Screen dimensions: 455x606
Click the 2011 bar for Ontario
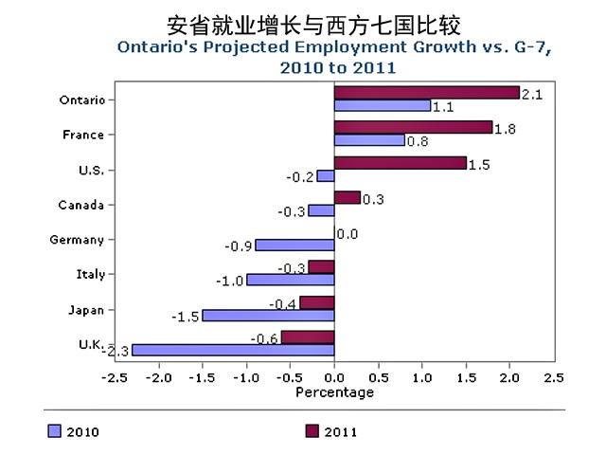tap(427, 93)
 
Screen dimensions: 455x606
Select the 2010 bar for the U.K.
tap(233, 350)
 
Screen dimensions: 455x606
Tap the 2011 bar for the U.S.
tap(401, 163)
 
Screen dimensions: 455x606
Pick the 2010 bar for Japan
tap(268, 315)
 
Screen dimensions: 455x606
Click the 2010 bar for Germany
tap(294, 245)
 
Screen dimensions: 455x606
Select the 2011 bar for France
tap(414, 128)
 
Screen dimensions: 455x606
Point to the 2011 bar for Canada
tap(348, 198)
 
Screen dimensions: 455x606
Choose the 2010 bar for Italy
tap(291, 280)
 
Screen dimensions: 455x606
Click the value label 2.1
tap(532, 93)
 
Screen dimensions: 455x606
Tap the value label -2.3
tap(117, 351)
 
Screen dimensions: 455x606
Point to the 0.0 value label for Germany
tap(347, 234)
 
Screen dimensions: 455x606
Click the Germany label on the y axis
tap(77, 240)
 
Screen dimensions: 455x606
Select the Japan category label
tap(85, 310)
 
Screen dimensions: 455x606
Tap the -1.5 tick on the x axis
tap(202, 378)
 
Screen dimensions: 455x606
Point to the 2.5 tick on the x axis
tap(553, 378)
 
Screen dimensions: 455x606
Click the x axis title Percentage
tap(334, 392)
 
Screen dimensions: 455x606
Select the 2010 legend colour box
tap(54, 431)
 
